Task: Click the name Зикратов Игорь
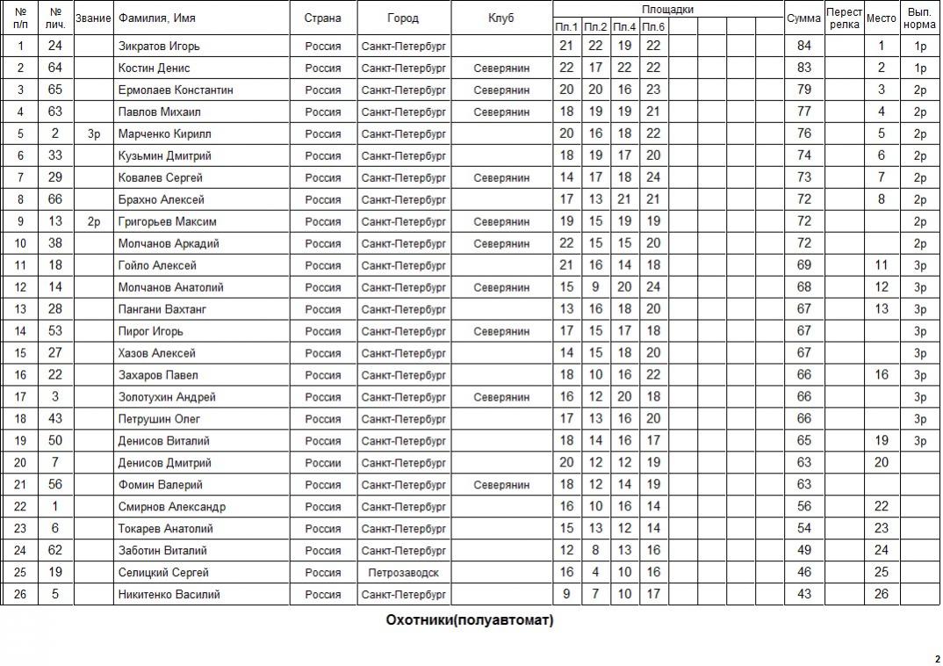(159, 46)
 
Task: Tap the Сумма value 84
(803, 46)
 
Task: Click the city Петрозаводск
(404, 573)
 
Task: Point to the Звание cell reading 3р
(94, 134)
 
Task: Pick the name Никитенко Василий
(169, 595)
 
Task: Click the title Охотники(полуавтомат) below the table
(470, 620)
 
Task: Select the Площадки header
(667, 10)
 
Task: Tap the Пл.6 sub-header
(653, 27)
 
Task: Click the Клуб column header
(501, 18)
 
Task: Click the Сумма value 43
(803, 595)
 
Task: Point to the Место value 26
(882, 595)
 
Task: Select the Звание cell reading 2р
(94, 221)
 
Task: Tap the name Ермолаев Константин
(176, 90)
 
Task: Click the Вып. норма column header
(919, 18)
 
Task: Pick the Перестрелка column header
(844, 18)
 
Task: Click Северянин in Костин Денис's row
(501, 68)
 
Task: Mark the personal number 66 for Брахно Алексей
(55, 199)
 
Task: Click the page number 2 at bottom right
(937, 658)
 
